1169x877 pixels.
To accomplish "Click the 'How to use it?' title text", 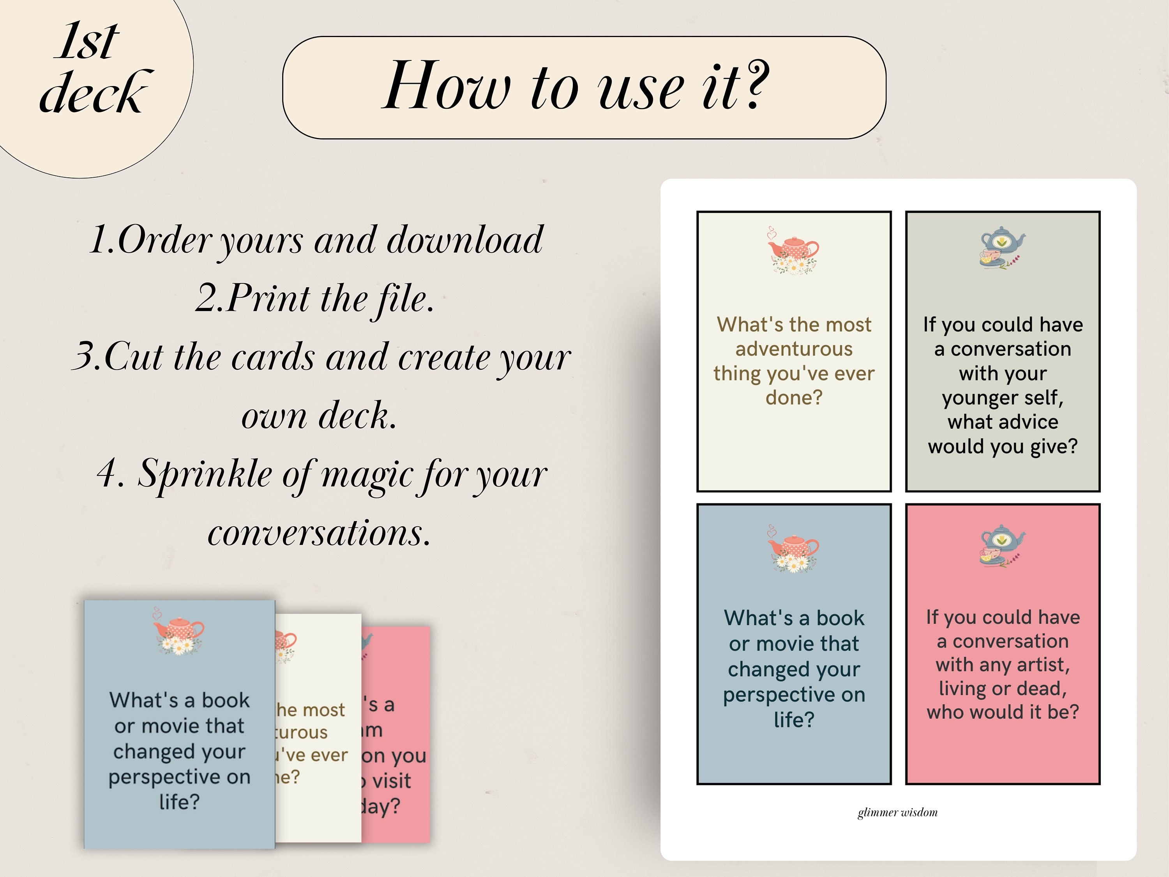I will point(576,86).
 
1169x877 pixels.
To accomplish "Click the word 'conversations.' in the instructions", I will point(319,533).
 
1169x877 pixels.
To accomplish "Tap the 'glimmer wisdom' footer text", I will point(897,813).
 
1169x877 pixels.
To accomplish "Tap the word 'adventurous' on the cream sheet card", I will point(794,349).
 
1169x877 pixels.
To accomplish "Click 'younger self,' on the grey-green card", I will point(1003,398).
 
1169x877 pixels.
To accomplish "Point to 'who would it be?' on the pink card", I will point(1003,711).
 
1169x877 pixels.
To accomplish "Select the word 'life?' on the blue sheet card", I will point(794,720).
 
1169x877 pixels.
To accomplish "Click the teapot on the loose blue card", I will point(178,632).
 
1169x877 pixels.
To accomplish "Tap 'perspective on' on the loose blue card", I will point(179,777).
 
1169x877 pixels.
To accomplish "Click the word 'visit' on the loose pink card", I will point(391,781).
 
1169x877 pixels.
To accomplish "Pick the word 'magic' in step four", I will point(365,474).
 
